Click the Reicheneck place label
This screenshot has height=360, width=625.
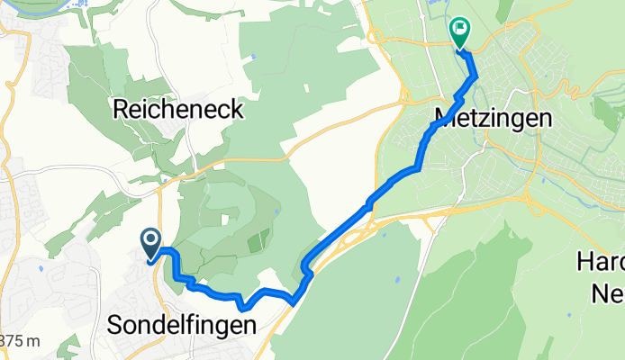178,109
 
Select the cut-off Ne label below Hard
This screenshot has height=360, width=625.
606,292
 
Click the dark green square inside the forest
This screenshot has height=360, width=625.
258,240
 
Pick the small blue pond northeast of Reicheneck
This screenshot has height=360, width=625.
253,58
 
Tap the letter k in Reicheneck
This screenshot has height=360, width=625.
237,109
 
